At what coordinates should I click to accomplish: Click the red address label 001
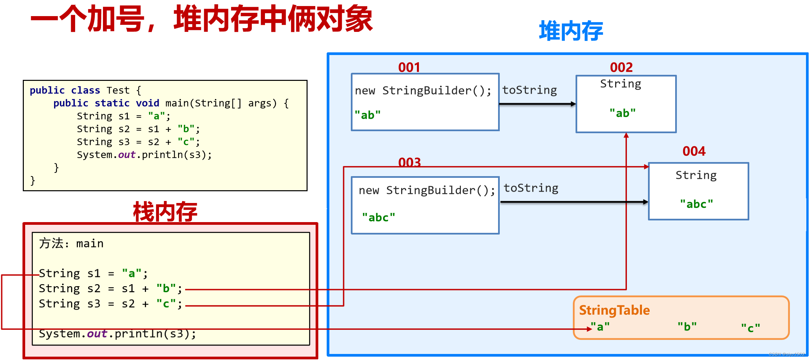tap(409, 67)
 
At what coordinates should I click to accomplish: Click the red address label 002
tap(621, 67)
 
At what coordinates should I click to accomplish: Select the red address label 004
tap(694, 151)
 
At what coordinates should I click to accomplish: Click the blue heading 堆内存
tap(571, 31)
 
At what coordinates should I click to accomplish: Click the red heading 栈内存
tap(165, 212)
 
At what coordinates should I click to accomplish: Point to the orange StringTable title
tap(614, 310)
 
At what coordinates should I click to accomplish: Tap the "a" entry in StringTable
tap(600, 326)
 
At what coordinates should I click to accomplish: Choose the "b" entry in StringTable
tap(687, 326)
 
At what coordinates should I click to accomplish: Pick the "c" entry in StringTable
tap(750, 328)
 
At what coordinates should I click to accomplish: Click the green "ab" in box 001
tap(368, 115)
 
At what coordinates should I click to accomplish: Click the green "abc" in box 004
tap(696, 204)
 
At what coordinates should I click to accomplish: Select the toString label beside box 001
tap(529, 90)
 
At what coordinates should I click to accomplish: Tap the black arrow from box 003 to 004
tap(574, 202)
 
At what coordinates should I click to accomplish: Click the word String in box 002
tap(620, 84)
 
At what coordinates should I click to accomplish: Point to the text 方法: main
tap(71, 243)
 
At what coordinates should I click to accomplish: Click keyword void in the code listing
tap(147, 103)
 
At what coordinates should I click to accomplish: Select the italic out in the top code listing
tap(126, 155)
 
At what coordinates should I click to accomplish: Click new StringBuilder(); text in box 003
tap(427, 190)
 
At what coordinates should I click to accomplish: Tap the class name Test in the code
tap(118, 90)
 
